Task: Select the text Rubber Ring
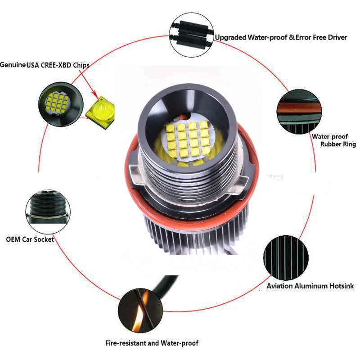(338, 144)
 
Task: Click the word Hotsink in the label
(339, 286)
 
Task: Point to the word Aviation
(280, 286)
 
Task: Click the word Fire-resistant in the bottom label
(126, 343)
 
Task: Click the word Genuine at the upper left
(13, 65)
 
